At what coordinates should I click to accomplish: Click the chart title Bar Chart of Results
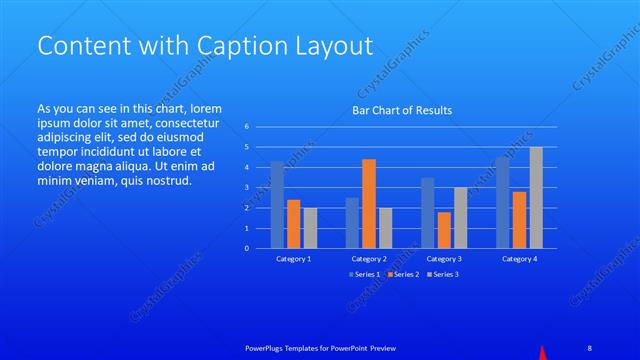[401, 110]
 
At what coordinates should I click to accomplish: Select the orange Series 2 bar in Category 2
[369, 203]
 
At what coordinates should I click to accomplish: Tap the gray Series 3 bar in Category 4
[536, 197]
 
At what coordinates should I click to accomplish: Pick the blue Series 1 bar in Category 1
[277, 204]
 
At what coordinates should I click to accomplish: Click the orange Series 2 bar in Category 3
[444, 230]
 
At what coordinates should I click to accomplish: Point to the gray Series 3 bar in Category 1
[310, 228]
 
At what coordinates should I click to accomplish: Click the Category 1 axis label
[293, 259]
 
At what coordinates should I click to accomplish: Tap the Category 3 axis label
[443, 259]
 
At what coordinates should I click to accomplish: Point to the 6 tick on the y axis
[247, 127]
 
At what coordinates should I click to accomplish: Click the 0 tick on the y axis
[247, 248]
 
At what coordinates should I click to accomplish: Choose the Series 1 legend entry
[365, 274]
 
